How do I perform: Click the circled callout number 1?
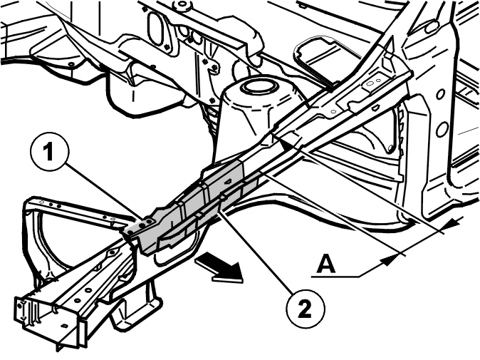pos(50,153)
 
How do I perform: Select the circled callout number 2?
pos(305,310)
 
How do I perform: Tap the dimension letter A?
pos(325,264)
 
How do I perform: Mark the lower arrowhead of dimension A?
pos(389,260)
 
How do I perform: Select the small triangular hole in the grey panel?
pos(227,182)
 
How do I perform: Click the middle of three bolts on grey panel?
pos(143,225)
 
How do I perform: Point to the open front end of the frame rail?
pos(45,319)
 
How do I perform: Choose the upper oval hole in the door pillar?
pos(440,94)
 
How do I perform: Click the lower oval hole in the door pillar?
pos(442,129)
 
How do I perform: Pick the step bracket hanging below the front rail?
pos(135,309)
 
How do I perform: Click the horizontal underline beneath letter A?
pos(335,277)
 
